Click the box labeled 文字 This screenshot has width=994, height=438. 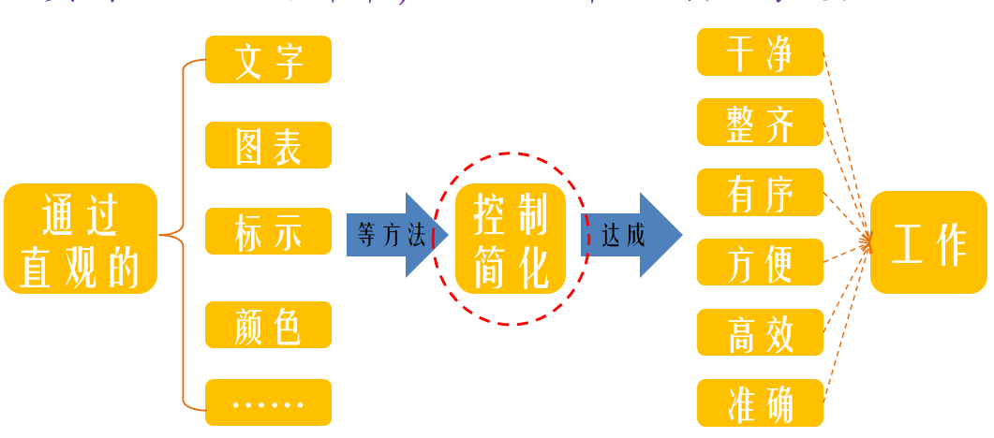point(268,60)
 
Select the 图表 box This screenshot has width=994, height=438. point(268,145)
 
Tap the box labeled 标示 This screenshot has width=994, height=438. point(268,231)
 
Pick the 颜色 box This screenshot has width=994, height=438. point(268,325)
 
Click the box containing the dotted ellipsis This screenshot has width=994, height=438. point(268,402)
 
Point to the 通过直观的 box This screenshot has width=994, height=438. point(81,239)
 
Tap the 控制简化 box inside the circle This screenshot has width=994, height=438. point(511,239)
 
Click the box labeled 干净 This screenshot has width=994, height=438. point(760,52)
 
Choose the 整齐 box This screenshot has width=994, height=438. point(760,123)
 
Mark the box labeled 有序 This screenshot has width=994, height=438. point(760,193)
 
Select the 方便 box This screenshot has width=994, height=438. point(760,262)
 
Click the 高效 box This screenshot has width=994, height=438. point(760,332)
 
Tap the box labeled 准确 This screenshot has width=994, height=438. point(760,402)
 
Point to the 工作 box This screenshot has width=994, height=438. point(928,242)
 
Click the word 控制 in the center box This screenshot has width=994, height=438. point(511,214)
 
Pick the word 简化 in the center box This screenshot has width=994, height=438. point(511,266)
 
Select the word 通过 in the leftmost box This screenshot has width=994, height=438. point(81,214)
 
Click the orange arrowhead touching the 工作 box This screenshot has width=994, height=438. point(867,243)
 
